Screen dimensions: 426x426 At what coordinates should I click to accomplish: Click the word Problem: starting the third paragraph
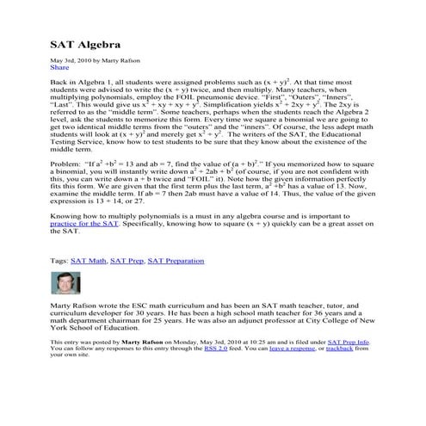67,163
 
